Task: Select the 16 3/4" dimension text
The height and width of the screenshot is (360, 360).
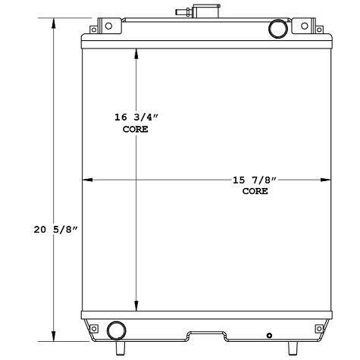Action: (135, 118)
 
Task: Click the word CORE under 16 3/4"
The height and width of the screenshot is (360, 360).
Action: (135, 130)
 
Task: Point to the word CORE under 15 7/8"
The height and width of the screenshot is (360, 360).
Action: (255, 191)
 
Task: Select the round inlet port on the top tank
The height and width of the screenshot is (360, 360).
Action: (277, 28)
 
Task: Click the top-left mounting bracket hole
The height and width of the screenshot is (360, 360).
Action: (94, 30)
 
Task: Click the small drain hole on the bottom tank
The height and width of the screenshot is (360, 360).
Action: (269, 336)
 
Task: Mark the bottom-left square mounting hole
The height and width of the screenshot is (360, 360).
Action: (95, 328)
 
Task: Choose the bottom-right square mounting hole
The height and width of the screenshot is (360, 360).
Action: (318, 328)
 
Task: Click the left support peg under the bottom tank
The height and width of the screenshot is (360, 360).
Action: (119, 348)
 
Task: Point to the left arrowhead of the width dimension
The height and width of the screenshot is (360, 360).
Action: (86, 180)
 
